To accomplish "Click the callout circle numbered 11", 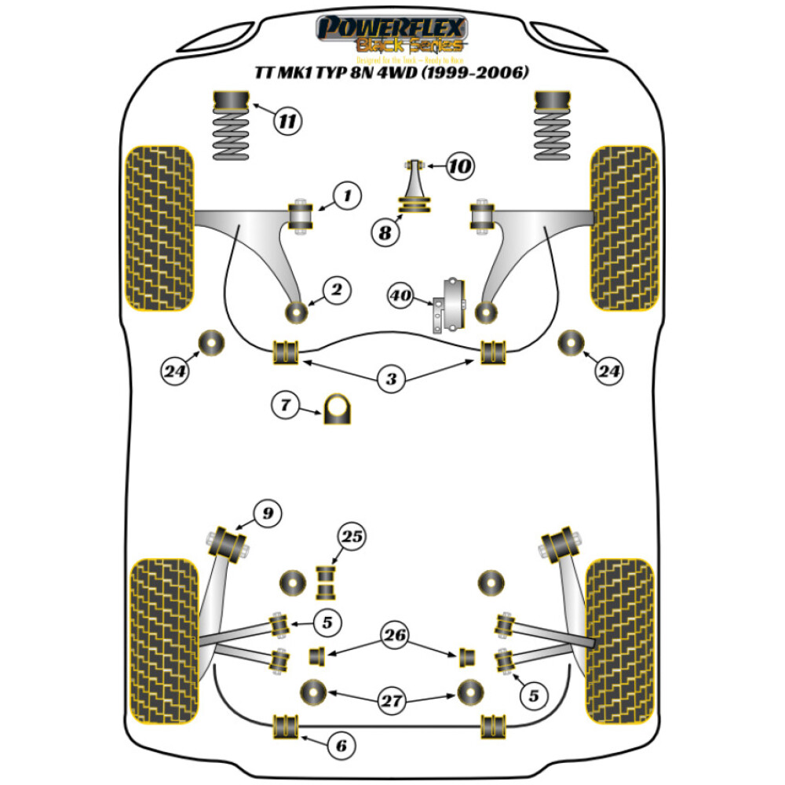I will [288, 121].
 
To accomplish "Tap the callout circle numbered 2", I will [335, 290].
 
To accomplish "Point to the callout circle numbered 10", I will [462, 166].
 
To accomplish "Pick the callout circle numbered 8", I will [385, 232].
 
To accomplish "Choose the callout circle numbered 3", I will [390, 381].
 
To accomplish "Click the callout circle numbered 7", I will [285, 406].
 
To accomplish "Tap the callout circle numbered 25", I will [352, 537].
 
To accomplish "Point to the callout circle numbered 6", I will [340, 745].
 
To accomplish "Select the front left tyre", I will [160, 228].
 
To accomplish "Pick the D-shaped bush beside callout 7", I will [338, 408].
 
